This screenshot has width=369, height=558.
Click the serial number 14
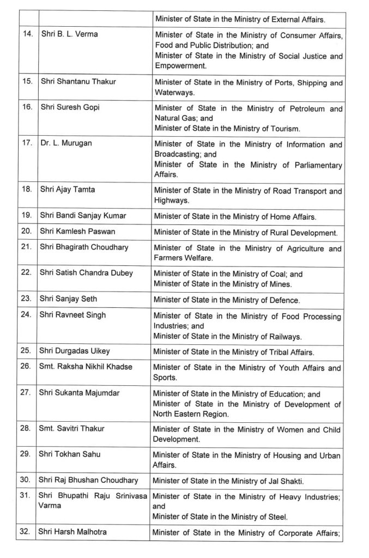(26, 34)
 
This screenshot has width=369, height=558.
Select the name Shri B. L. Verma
(69, 34)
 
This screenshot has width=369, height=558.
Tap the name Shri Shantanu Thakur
(78, 82)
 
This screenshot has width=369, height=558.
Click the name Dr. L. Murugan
(65, 143)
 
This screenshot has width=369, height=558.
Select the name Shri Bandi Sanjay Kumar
(82, 215)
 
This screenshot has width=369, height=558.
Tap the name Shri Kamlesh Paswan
(77, 231)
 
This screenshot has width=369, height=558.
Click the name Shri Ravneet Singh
(72, 315)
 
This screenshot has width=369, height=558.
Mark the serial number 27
(25, 393)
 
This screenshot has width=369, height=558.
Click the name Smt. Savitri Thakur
(71, 428)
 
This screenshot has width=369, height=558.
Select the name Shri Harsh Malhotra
(72, 531)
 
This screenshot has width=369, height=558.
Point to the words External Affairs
(295, 19)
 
